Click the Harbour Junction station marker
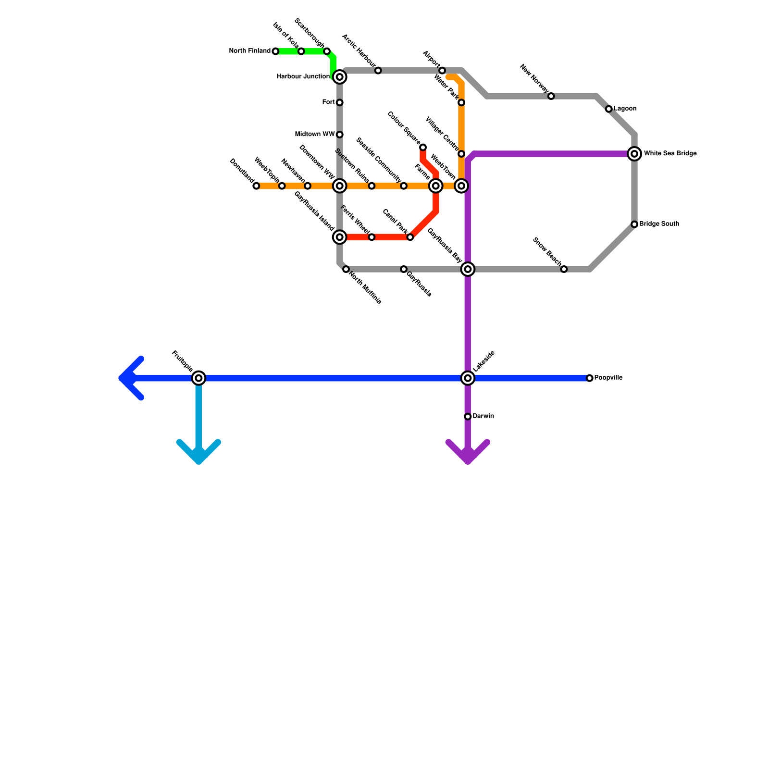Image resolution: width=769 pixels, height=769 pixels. (x=340, y=77)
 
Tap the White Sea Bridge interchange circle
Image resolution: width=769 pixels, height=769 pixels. (x=634, y=154)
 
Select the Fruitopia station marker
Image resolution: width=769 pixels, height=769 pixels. (x=198, y=378)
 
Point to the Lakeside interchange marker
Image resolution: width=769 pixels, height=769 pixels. (x=468, y=378)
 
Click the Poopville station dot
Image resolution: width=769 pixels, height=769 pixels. (x=590, y=378)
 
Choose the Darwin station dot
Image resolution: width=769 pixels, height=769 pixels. (x=468, y=416)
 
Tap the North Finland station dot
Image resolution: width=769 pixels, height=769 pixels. (x=275, y=51)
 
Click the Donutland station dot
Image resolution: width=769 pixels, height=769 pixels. (x=256, y=186)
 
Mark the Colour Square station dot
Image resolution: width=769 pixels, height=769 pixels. (x=423, y=147)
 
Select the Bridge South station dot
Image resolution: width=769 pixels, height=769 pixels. (x=634, y=224)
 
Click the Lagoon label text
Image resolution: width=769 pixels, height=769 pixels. (x=625, y=109)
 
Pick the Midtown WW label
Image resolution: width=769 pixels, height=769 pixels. (x=315, y=134)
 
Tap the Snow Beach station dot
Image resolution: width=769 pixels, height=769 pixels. (x=564, y=269)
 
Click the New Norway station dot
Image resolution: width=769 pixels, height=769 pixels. (x=551, y=96)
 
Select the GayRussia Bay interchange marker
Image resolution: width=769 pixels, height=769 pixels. (x=468, y=269)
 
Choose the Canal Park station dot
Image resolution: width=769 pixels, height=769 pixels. (x=410, y=237)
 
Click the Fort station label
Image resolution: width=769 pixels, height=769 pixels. (x=328, y=102)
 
